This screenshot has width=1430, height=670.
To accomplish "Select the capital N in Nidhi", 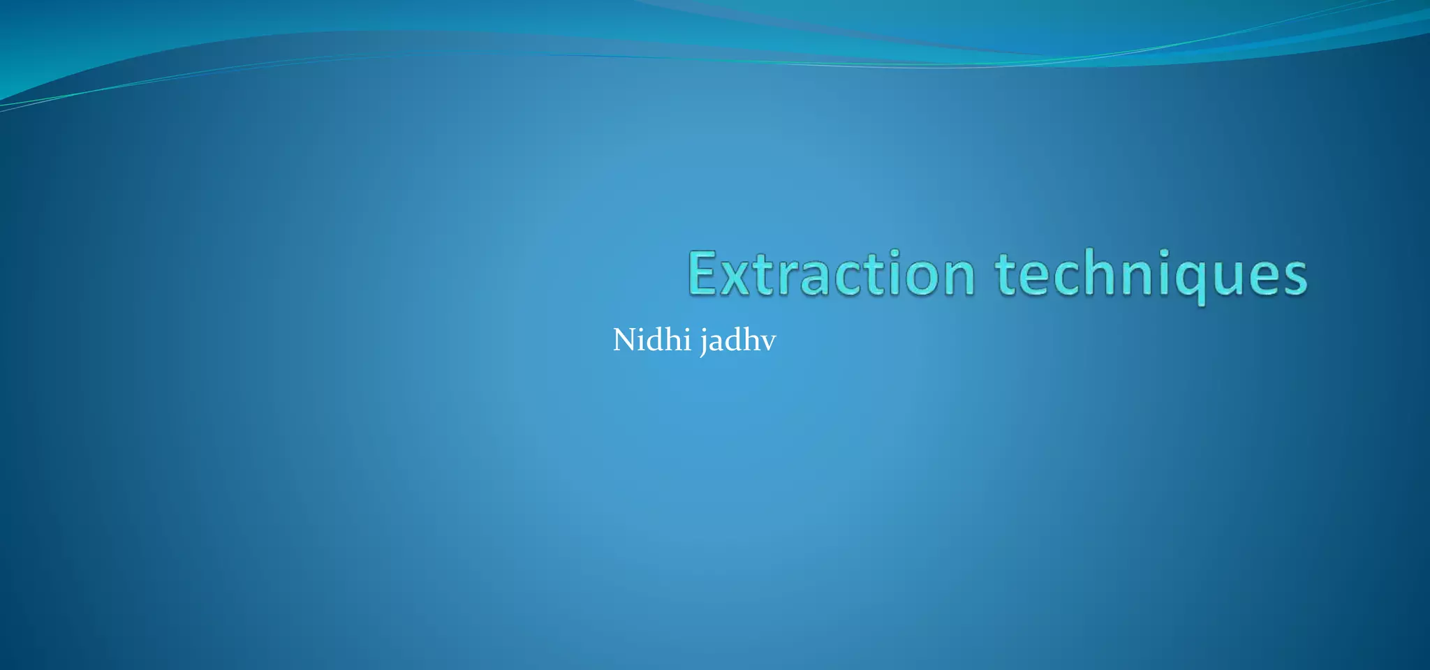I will [625, 340].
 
